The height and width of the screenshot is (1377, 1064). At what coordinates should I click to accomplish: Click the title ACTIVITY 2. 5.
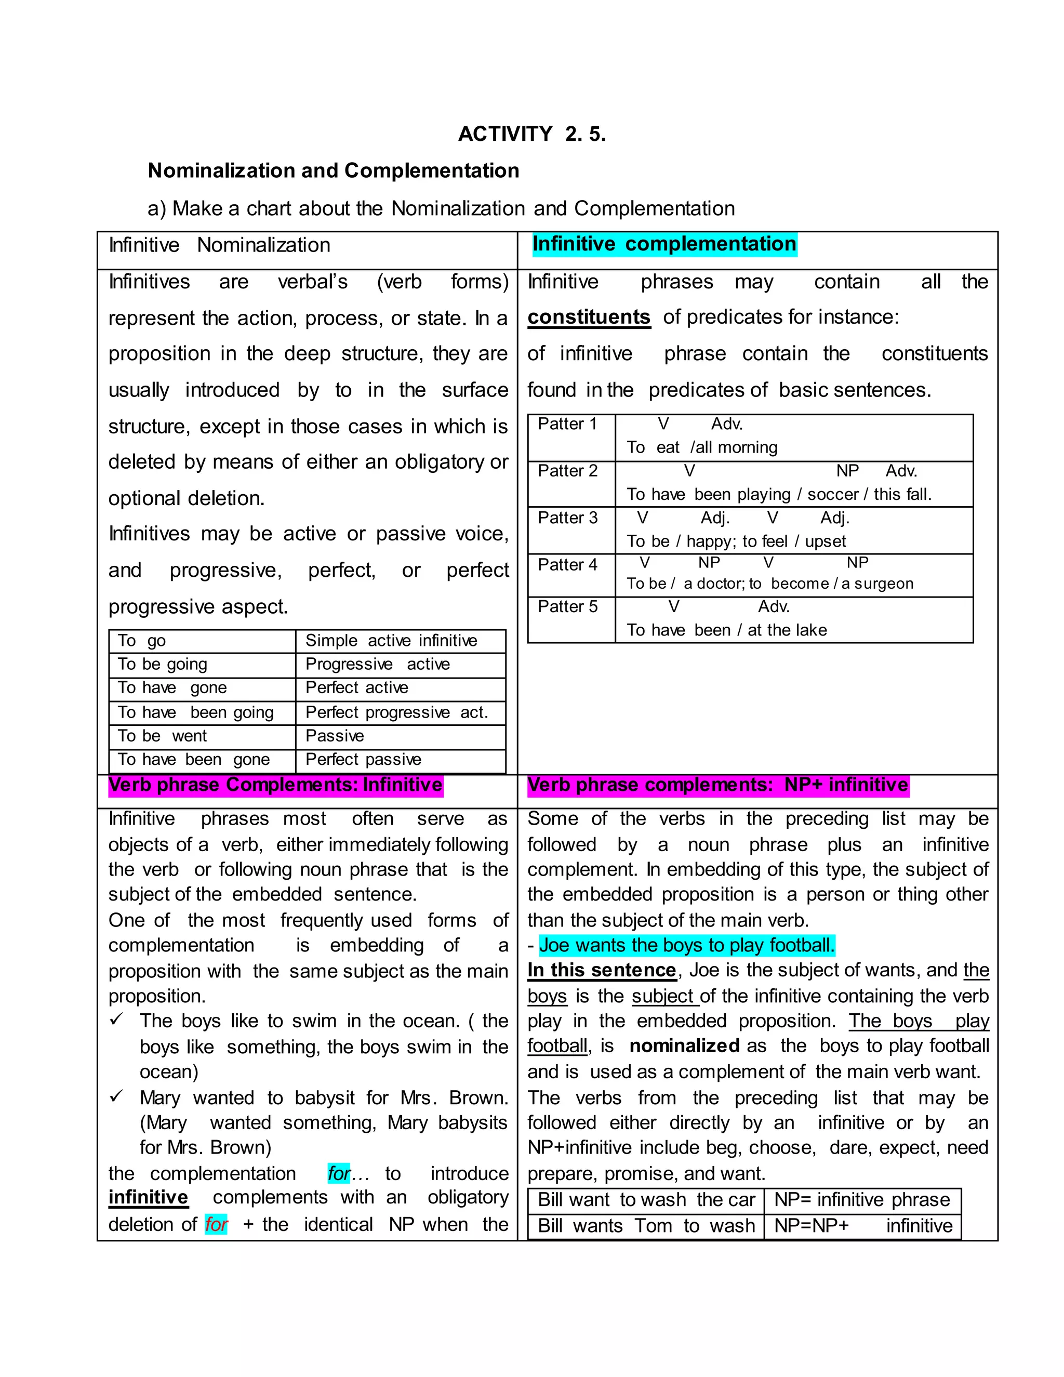pyautogui.click(x=531, y=134)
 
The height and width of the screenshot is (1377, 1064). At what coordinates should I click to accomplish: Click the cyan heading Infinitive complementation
pyautogui.click(x=664, y=244)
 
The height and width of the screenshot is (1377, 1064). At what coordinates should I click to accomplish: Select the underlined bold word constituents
pyautogui.click(x=589, y=316)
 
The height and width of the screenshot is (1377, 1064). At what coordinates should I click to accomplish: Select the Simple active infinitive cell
pyautogui.click(x=391, y=641)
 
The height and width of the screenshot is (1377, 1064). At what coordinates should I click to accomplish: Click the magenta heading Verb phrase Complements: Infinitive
pyautogui.click(x=275, y=785)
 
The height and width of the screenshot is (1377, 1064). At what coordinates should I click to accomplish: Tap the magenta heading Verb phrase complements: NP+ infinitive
pyautogui.click(x=718, y=785)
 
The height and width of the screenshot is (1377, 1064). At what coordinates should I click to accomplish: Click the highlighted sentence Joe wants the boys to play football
pyautogui.click(x=687, y=945)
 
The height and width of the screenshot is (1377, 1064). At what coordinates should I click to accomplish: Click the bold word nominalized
pyautogui.click(x=684, y=1046)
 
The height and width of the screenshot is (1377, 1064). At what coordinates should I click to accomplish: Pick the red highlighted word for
pyautogui.click(x=216, y=1224)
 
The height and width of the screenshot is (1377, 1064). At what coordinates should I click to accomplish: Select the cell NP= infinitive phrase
pyautogui.click(x=862, y=1200)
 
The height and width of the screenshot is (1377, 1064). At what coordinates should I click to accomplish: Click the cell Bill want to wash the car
pyautogui.click(x=646, y=1200)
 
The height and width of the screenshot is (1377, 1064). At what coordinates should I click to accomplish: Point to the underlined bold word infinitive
pyautogui.click(x=148, y=1197)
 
